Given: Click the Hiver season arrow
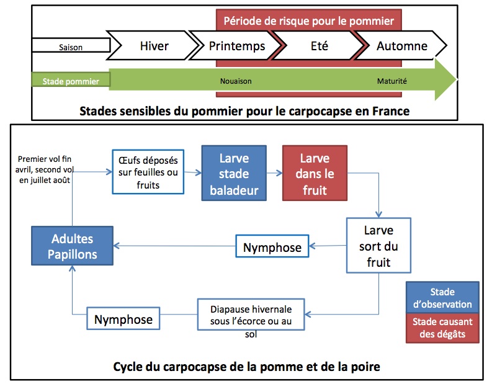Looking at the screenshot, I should point(154,46).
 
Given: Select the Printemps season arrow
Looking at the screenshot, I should point(237,46).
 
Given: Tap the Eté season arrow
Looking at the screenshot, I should point(319,46).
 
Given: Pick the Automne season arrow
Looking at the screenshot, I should point(402,46).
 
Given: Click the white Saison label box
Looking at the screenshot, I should point(70,47).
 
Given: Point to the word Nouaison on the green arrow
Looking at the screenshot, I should point(235,81).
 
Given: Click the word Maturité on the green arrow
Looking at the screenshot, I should point(392,81).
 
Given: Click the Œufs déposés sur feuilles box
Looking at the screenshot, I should point(148,171).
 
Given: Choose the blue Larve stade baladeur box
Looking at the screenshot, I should point(233,173).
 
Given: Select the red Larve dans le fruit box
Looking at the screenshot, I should point(314,173).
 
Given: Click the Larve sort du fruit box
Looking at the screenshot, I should point(378,245).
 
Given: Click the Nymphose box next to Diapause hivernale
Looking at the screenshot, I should point(123,319).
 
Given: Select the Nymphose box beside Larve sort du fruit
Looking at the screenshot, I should point(272,247).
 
